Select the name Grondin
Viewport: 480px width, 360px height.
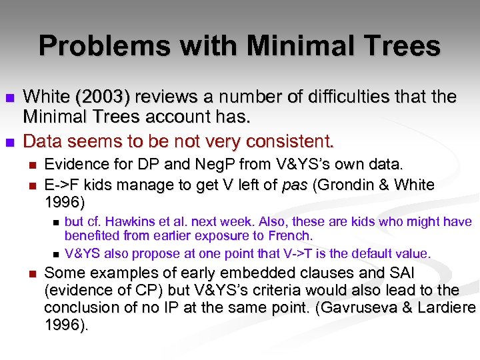[347, 185]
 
